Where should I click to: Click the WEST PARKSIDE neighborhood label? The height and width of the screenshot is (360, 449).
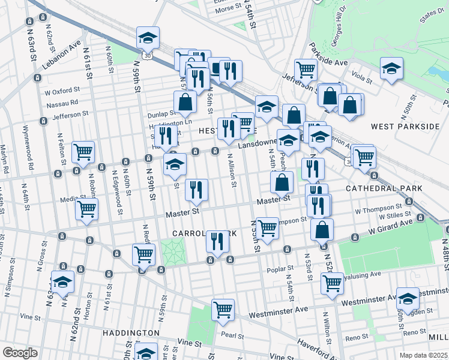coord(405,127)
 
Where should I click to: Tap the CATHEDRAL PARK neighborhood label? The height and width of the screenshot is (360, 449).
coord(384,188)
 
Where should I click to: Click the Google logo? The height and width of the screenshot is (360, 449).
coord(19,353)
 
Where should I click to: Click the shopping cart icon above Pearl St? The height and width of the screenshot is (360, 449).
coord(223,310)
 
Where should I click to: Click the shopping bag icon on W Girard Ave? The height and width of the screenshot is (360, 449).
coord(322,229)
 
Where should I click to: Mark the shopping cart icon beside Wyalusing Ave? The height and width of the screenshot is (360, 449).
coord(331,283)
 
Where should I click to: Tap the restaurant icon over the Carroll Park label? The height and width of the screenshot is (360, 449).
coord(217,241)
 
